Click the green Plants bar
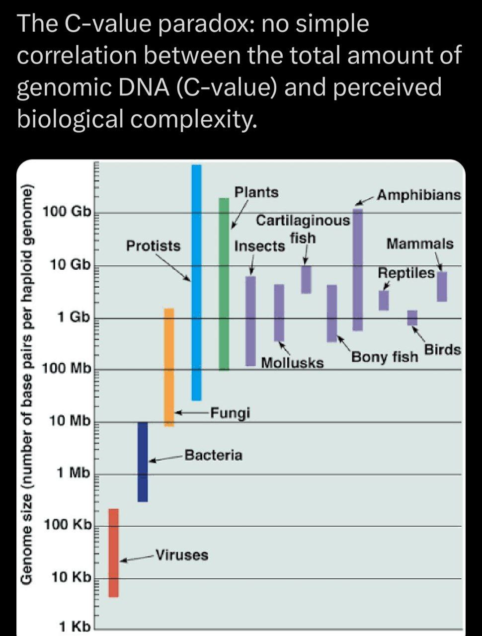224,283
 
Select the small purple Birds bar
412,318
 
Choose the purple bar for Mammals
442,286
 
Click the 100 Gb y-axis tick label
67,212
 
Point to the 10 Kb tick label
72,577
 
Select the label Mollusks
292,363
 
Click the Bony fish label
385,357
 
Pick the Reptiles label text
406,273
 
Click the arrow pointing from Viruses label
137,558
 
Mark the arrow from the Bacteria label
166,458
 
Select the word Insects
259,246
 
